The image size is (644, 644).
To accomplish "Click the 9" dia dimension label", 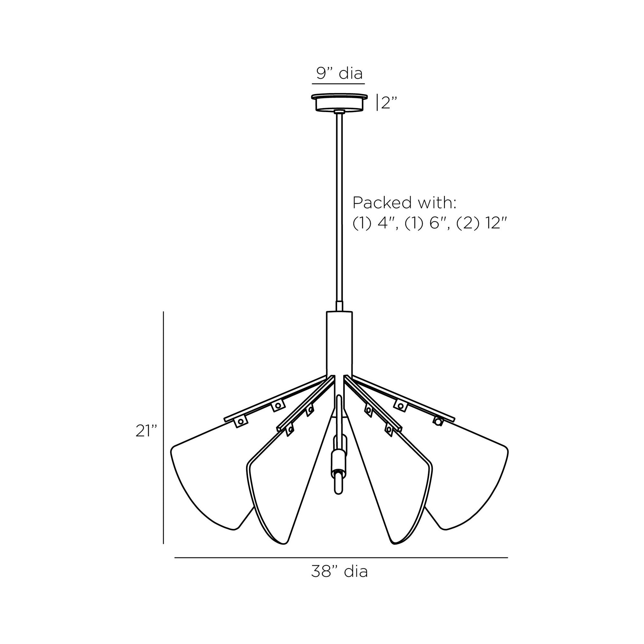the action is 339,73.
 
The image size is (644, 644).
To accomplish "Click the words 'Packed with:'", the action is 404,203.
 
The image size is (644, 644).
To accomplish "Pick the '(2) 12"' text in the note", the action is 482,223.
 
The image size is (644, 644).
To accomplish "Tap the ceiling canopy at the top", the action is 339,102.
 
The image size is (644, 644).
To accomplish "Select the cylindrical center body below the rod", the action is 339,343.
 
